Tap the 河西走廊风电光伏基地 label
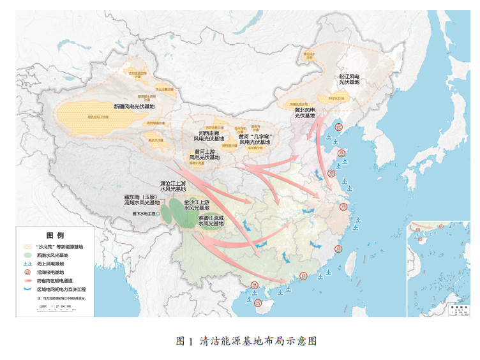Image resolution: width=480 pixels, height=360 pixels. (x=209, y=135)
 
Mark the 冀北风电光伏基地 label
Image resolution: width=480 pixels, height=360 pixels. (x=304, y=113)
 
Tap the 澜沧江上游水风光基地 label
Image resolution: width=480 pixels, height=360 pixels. (x=173, y=186)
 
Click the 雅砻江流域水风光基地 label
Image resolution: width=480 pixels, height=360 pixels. (x=211, y=221)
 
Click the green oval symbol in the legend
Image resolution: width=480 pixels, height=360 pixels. (x=27, y=255)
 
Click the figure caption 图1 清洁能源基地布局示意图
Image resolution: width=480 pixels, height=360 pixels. (x=246, y=341)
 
